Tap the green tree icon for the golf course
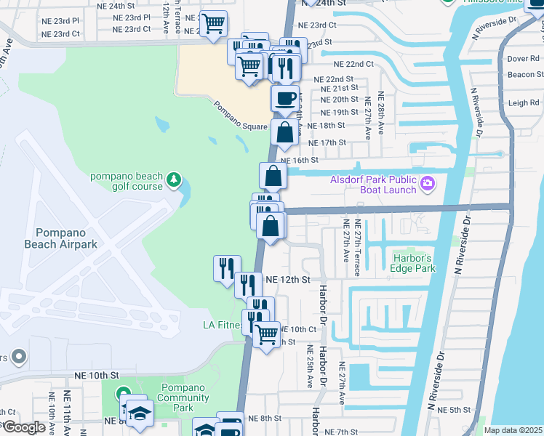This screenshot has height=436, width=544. pyautogui.click(x=173, y=178)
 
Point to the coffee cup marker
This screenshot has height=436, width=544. pyautogui.click(x=285, y=98)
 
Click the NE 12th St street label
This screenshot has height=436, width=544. pyautogui.click(x=288, y=279)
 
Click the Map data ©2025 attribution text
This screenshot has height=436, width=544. pyautogui.click(x=512, y=430)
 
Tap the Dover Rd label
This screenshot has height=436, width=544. pyautogui.click(x=523, y=58)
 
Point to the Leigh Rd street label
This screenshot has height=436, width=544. pyautogui.click(x=524, y=103)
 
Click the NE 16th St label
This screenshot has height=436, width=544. pyautogui.click(x=300, y=160)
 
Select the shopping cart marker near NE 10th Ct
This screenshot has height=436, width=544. pyautogui.click(x=267, y=334)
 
